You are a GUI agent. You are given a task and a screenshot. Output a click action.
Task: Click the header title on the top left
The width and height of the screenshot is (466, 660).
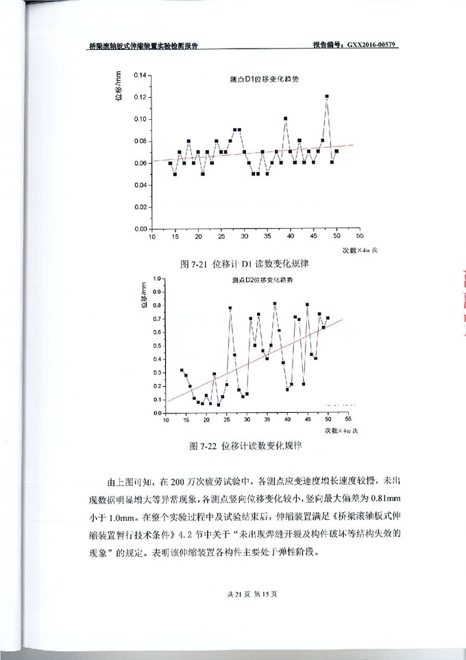144,46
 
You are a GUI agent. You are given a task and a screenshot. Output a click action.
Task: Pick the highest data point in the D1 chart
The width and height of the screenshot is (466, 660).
327,97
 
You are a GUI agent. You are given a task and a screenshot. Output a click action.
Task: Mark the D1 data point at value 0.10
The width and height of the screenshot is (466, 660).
285,118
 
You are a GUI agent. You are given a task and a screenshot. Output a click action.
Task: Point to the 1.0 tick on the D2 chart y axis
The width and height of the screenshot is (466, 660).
157,279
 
